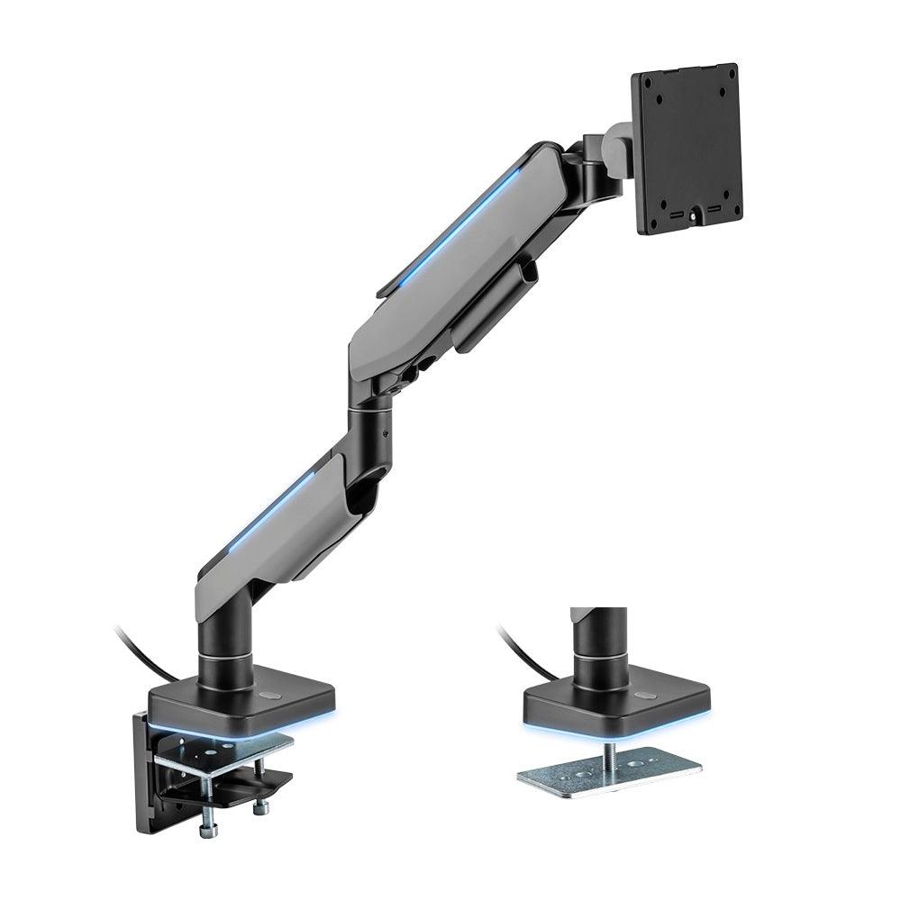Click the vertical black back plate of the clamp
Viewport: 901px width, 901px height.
pos(144,766)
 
